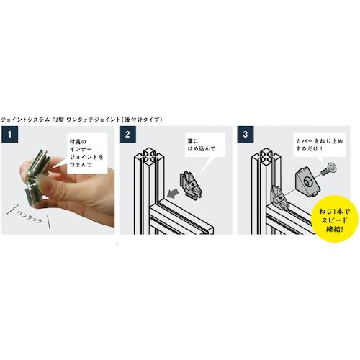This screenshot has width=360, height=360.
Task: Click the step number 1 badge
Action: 9,134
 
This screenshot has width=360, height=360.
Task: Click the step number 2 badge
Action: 127,134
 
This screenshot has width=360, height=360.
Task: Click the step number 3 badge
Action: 246,134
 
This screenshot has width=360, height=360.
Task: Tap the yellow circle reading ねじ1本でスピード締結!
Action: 335,220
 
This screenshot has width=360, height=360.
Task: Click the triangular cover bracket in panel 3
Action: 307,180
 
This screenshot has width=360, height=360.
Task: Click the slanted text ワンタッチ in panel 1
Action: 30,217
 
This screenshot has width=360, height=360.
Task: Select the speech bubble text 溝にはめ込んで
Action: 201,145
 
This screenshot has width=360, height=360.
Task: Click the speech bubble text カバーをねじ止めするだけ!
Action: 319,145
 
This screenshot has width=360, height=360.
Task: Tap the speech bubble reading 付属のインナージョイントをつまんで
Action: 86,153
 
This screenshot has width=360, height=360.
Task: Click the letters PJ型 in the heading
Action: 58,120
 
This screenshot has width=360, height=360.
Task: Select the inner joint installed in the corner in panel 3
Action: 279,196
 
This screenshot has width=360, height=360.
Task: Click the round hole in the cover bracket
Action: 307,182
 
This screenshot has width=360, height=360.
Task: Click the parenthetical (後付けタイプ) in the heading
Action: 141,120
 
